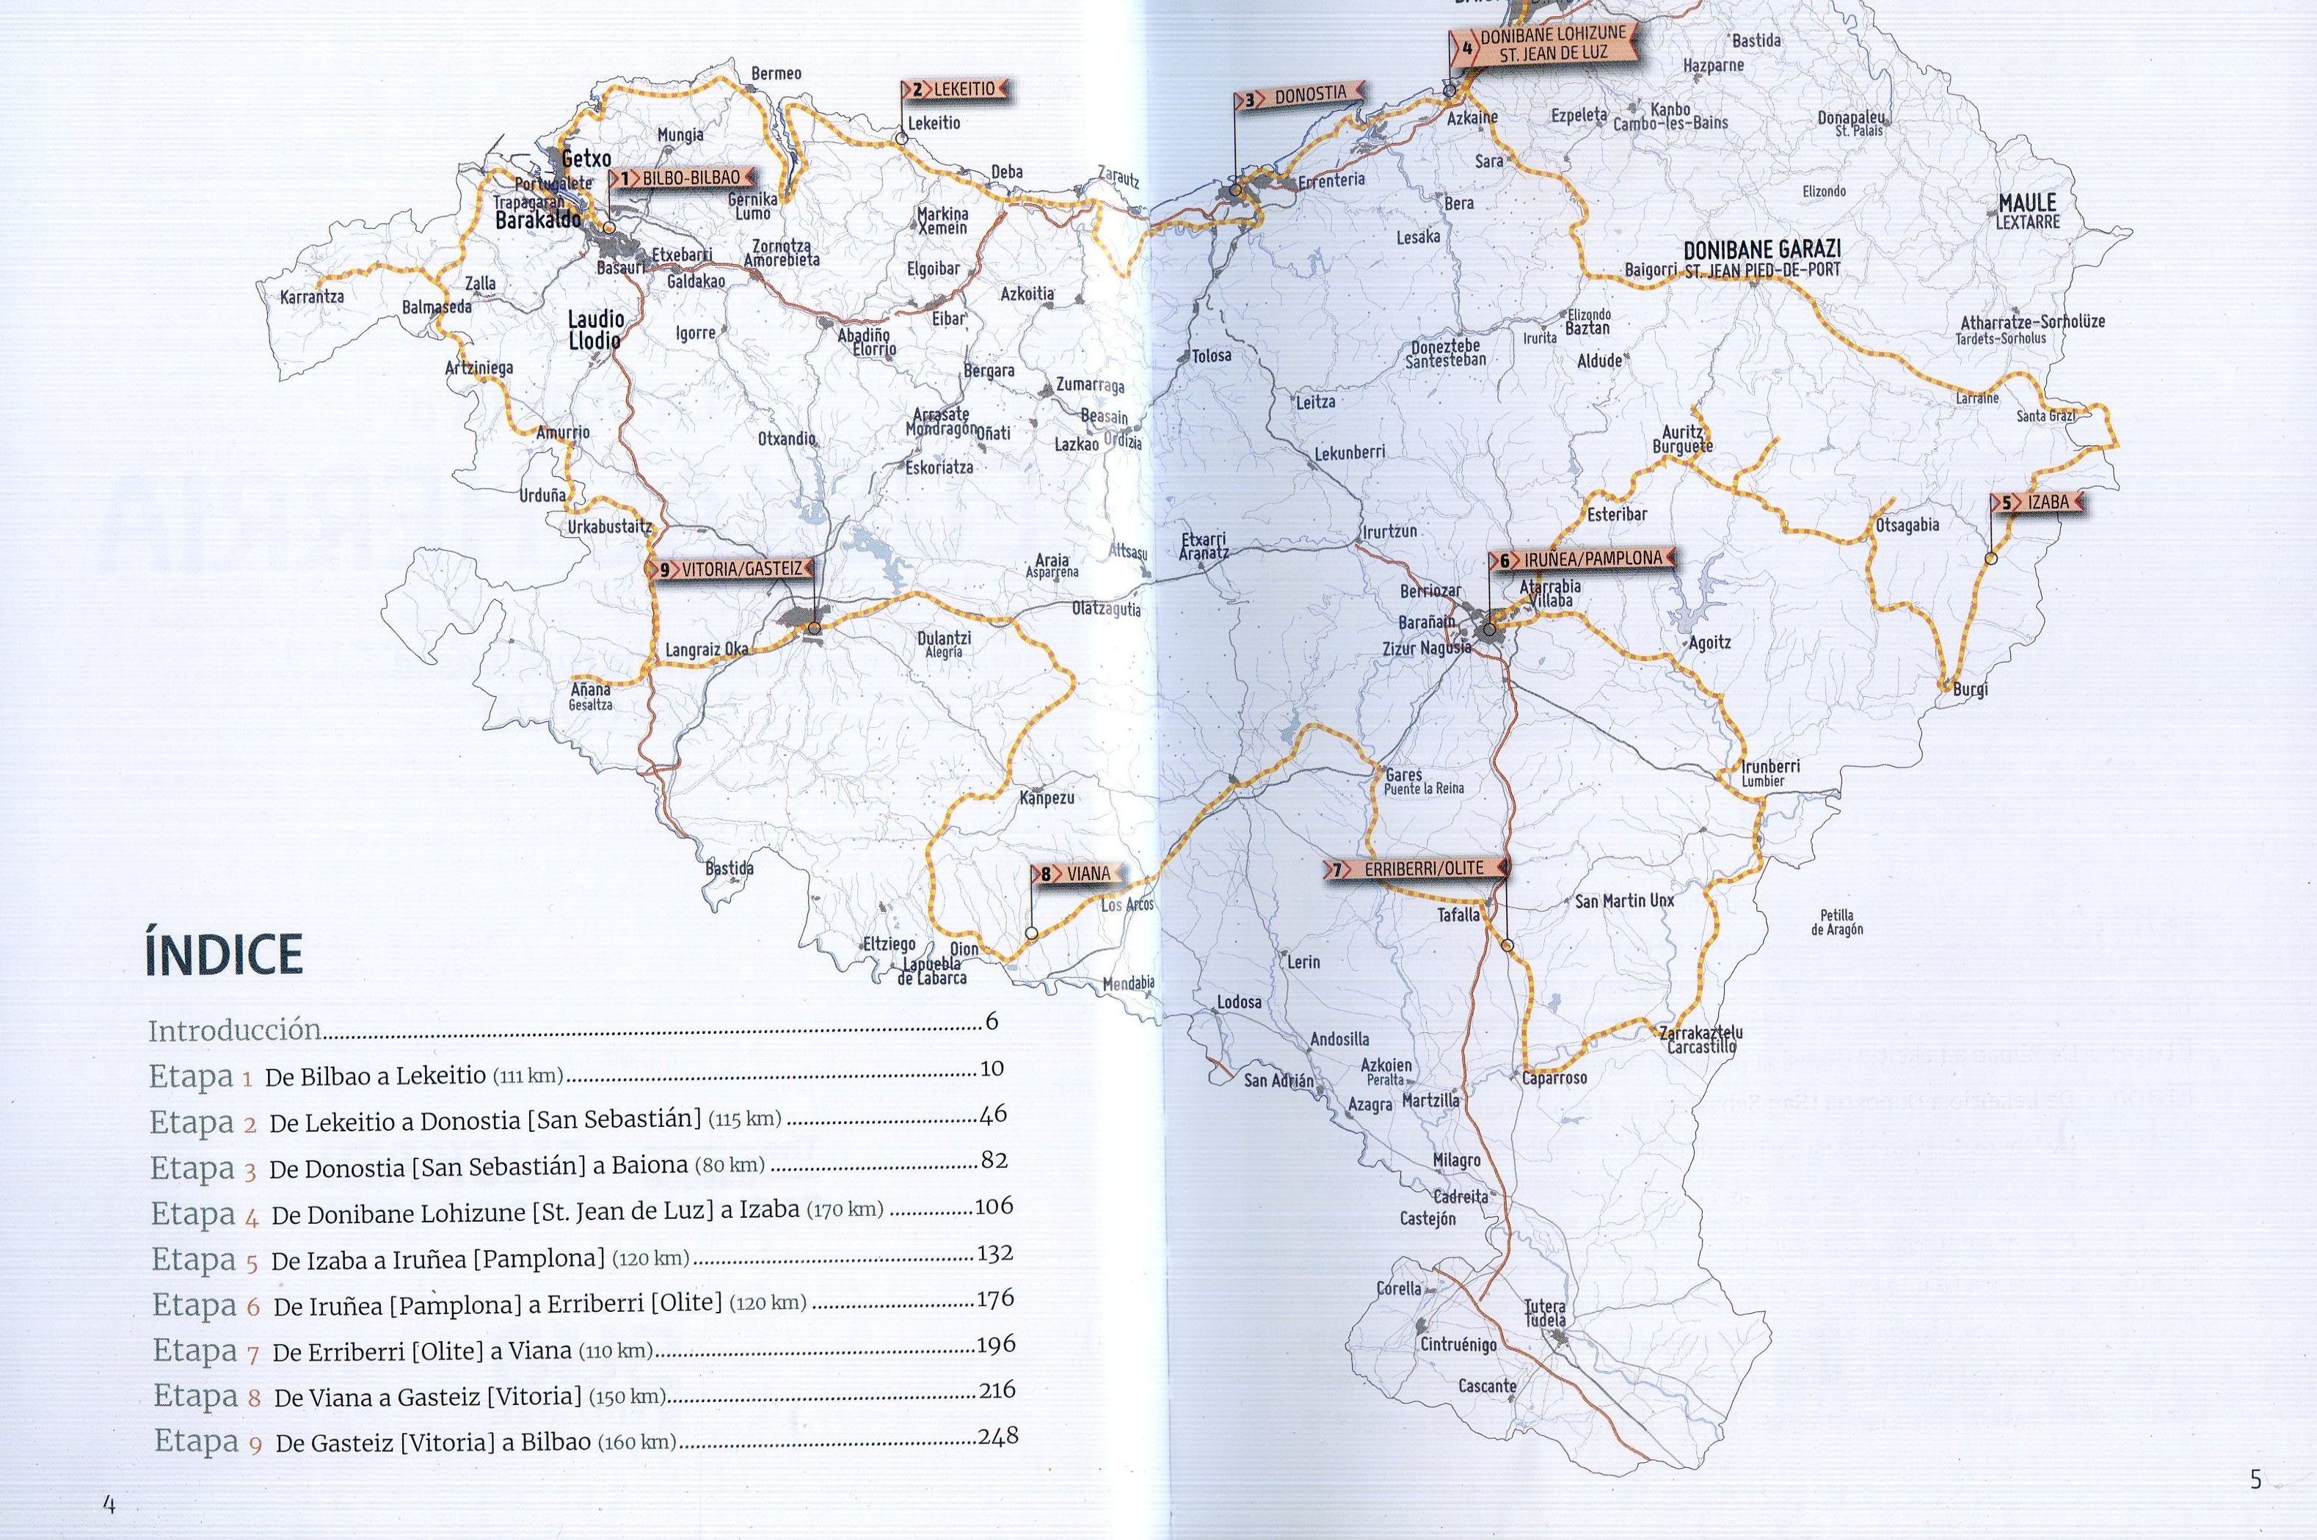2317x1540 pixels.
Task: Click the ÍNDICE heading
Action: pyautogui.click(x=224, y=954)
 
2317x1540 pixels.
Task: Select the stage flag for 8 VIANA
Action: pyautogui.click(x=1078, y=873)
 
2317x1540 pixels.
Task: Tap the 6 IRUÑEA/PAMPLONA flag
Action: pyautogui.click(x=1582, y=560)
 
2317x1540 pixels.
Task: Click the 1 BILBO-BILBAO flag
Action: pyautogui.click(x=682, y=178)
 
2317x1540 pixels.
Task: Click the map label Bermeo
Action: pyautogui.click(x=776, y=73)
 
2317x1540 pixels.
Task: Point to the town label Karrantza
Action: pyautogui.click(x=313, y=296)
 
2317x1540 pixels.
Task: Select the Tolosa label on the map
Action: pyautogui.click(x=1212, y=356)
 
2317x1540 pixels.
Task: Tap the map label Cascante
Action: pyautogui.click(x=1487, y=1386)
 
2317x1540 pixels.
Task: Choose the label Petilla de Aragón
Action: pyautogui.click(x=1837, y=922)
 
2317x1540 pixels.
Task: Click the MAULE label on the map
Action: pyautogui.click(x=2027, y=203)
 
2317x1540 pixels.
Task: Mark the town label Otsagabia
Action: pyautogui.click(x=1907, y=525)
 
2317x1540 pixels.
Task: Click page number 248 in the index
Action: pyautogui.click(x=998, y=1436)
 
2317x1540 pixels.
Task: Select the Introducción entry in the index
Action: pyautogui.click(x=235, y=1030)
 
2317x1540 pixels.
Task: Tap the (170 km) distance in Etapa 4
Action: pyautogui.click(x=844, y=1209)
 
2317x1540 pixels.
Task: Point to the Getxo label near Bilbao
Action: pyautogui.click(x=586, y=158)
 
